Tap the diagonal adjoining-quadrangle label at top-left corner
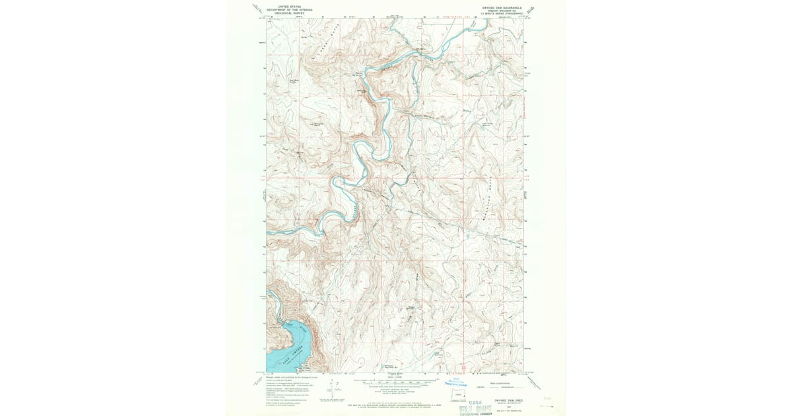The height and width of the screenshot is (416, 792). tap(256, 9)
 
